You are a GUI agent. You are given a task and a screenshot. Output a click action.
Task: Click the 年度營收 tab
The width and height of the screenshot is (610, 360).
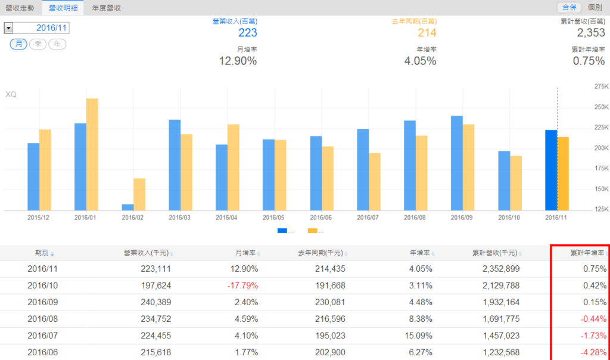point(107,8)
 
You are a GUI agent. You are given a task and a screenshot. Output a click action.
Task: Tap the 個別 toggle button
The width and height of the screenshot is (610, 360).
point(595,8)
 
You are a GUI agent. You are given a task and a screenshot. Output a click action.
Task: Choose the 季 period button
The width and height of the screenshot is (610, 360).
point(38,44)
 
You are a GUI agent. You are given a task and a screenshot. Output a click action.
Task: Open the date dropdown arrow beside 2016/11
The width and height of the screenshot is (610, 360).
point(8,28)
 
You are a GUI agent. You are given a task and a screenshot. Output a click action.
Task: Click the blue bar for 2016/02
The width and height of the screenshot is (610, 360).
point(127,207)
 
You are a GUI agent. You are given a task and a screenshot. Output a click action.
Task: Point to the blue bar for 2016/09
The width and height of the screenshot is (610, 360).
point(457,162)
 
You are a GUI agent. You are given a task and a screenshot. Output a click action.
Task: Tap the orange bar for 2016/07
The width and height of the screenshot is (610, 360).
point(374,181)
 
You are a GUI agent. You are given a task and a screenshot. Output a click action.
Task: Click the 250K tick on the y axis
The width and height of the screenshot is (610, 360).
point(599,107)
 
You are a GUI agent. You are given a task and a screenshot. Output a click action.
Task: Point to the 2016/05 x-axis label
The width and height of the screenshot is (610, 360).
point(274,218)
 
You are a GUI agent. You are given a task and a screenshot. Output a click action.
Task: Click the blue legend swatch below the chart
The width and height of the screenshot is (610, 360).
point(282,231)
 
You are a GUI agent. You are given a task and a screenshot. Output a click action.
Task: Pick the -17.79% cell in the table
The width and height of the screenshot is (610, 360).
point(242,285)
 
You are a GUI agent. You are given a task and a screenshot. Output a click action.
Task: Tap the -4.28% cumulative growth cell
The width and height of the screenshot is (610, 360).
point(592,352)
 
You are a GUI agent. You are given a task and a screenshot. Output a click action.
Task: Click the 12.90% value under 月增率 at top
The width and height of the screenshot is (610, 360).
point(238,61)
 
